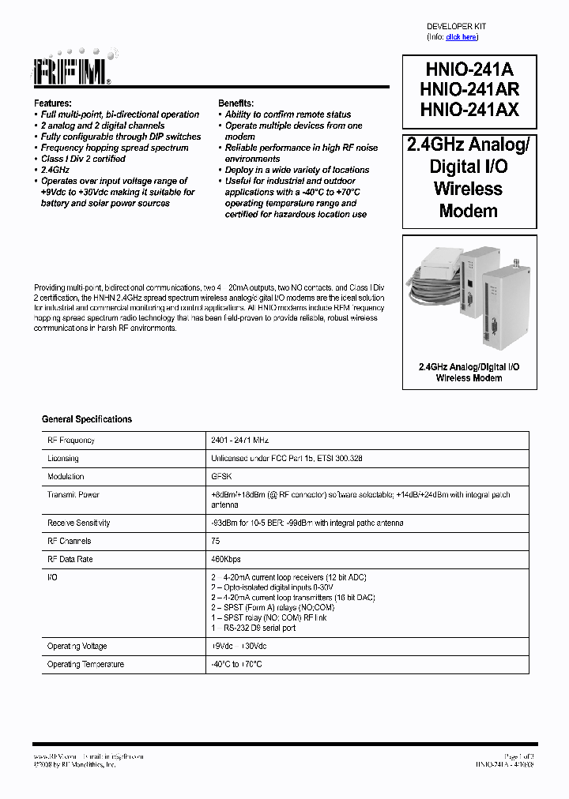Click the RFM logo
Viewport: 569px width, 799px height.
[x=72, y=71]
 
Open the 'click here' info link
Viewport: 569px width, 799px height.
[x=461, y=37]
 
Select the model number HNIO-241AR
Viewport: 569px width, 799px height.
[x=469, y=89]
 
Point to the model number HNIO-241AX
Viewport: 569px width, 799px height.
[x=469, y=110]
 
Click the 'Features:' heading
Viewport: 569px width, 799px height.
[x=53, y=103]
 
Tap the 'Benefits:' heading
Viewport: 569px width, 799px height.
[x=236, y=103]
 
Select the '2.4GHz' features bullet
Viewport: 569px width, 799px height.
[x=55, y=170]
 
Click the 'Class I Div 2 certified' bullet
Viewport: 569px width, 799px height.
[x=83, y=159]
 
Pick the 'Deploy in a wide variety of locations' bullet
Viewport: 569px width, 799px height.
[x=297, y=170]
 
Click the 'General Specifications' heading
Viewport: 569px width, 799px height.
[x=87, y=419]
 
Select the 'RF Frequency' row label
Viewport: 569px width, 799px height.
[x=71, y=441]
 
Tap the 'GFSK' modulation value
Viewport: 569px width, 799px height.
[x=220, y=477]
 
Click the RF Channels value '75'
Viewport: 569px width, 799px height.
[x=215, y=542]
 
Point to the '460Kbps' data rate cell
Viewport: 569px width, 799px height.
[x=225, y=560]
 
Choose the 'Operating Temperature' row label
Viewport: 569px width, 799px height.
[x=85, y=665]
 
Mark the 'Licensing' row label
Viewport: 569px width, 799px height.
[x=63, y=459]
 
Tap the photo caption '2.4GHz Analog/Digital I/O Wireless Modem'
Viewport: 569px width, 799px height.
[x=469, y=373]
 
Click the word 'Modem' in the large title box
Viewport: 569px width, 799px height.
[x=469, y=211]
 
